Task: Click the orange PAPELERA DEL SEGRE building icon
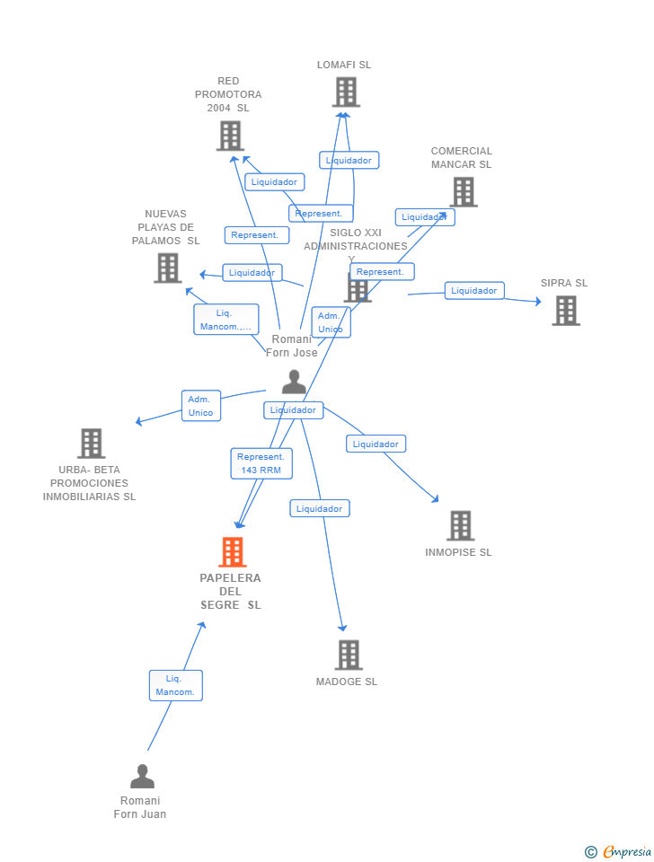[x=233, y=552]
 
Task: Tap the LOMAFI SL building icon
[x=346, y=92]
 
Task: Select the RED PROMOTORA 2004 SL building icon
[x=230, y=136]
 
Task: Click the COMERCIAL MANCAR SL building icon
[x=463, y=191]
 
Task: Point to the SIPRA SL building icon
[x=565, y=310]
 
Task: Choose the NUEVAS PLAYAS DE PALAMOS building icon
[x=167, y=268]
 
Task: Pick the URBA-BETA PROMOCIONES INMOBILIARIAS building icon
[x=91, y=443]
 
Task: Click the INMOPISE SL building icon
[x=460, y=525]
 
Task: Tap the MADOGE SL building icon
[x=349, y=655]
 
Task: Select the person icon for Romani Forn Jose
[x=294, y=383]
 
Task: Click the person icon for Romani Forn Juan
[x=142, y=777]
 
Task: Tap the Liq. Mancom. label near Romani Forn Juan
[x=175, y=685]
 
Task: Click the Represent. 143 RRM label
[x=261, y=463]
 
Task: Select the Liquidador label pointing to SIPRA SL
[x=473, y=290]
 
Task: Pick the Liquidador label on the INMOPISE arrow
[x=376, y=444]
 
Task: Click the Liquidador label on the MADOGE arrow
[x=319, y=508]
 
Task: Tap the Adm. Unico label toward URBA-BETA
[x=200, y=406]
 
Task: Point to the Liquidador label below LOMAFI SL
[x=349, y=160]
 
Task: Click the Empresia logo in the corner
[x=619, y=851]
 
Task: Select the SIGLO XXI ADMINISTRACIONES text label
[x=355, y=240]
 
